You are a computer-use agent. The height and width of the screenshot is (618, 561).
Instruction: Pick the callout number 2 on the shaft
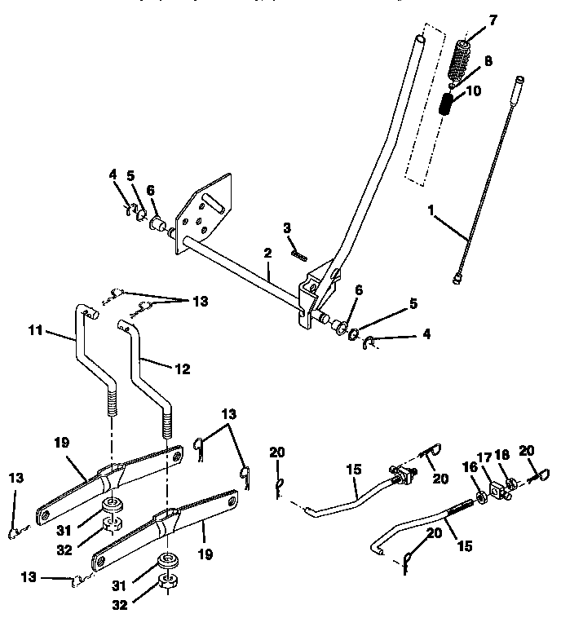267,254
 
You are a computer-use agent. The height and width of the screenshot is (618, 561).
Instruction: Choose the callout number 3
287,227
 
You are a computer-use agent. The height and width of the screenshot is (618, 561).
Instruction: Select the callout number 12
182,369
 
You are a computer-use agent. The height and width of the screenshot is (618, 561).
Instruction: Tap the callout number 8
488,60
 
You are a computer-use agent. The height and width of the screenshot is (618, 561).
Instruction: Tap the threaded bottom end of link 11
110,404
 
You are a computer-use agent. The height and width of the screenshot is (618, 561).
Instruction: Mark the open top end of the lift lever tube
420,39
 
